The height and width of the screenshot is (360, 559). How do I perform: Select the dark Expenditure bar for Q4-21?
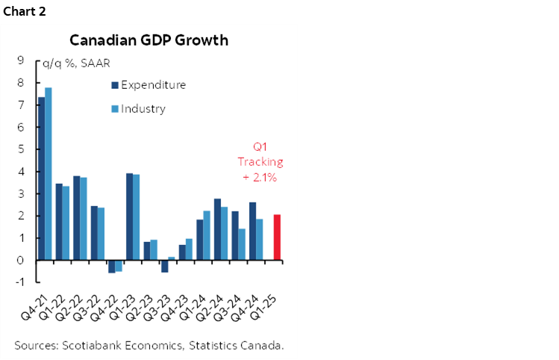pos(41,179)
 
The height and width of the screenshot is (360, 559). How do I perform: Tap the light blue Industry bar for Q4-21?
pos(49,174)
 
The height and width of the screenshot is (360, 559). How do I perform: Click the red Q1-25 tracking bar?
pos(276,238)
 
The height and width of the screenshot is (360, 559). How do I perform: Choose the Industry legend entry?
pos(143,109)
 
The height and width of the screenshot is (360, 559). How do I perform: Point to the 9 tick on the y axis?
pos(20,61)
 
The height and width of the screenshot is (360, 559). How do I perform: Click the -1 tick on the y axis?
pos(19,282)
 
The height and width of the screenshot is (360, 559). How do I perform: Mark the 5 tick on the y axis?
pos(20,149)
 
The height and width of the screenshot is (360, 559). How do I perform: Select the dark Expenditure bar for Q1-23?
pos(129,217)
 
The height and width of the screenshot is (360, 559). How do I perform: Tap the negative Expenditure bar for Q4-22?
pos(112,266)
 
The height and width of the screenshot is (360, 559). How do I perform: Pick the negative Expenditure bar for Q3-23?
pos(164,266)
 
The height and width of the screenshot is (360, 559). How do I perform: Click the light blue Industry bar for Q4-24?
pos(259,239)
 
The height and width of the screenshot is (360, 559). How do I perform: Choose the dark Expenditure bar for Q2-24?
pos(216,229)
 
